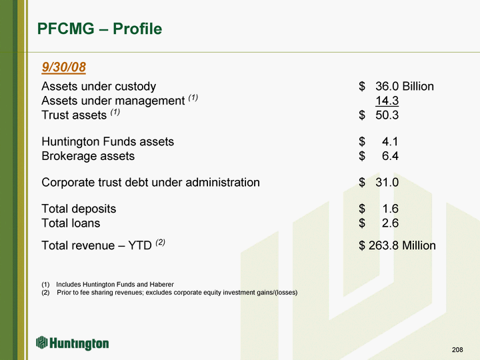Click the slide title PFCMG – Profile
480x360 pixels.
pyautogui.click(x=99, y=29)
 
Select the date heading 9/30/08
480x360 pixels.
pyautogui.click(x=64, y=67)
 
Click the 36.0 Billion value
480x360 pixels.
pyautogui.click(x=405, y=86)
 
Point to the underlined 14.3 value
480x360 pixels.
pyautogui.click(x=387, y=101)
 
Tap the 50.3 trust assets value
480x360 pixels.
pyautogui.click(x=387, y=115)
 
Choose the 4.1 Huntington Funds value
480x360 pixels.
pyautogui.click(x=390, y=142)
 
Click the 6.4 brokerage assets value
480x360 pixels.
pyautogui.click(x=390, y=156)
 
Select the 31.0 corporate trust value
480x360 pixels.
pyautogui.click(x=387, y=183)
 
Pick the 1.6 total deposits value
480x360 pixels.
pyautogui.click(x=391, y=209)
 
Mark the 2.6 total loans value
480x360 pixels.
pyautogui.click(x=390, y=223)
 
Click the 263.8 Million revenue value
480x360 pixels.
pyautogui.click(x=402, y=245)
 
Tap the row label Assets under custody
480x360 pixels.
pyautogui.click(x=99, y=87)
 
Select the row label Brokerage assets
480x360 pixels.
pyautogui.click(x=88, y=156)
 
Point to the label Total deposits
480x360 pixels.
pyautogui.click(x=79, y=209)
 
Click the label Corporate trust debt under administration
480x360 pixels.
pyautogui.click(x=151, y=183)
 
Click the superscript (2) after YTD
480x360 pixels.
pyautogui.click(x=161, y=243)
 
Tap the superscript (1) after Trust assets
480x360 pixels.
pyautogui.click(x=115, y=112)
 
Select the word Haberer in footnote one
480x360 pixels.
pyautogui.click(x=161, y=285)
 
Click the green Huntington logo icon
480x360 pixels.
pyautogui.click(x=41, y=343)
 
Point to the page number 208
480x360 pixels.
pyautogui.click(x=457, y=349)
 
